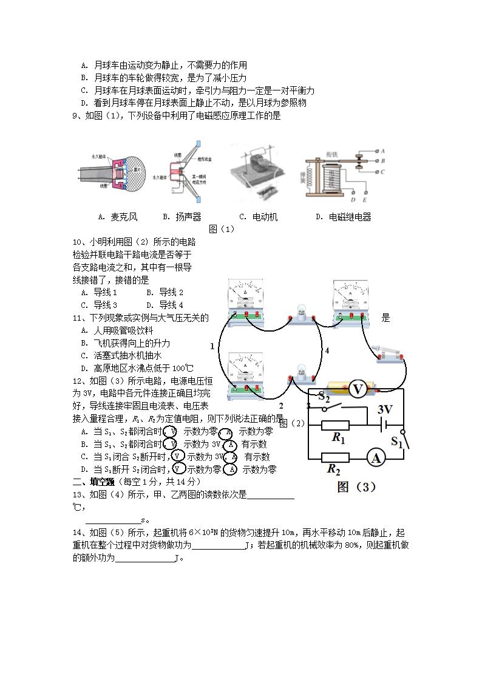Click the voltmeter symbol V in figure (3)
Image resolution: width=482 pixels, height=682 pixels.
coord(358,389)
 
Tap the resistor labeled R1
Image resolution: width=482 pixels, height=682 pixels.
coord(334,425)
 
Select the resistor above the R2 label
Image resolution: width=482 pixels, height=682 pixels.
coord(336,457)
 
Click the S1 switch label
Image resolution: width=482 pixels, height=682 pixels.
coord(396,442)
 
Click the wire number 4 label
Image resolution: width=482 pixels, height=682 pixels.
coord(327,351)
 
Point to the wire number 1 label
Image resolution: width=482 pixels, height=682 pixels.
coord(212,346)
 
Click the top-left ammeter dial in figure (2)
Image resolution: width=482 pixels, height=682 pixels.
coord(245,295)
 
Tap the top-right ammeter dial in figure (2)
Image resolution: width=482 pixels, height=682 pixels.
coord(350,295)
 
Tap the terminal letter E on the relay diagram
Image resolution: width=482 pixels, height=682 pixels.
coord(364,199)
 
